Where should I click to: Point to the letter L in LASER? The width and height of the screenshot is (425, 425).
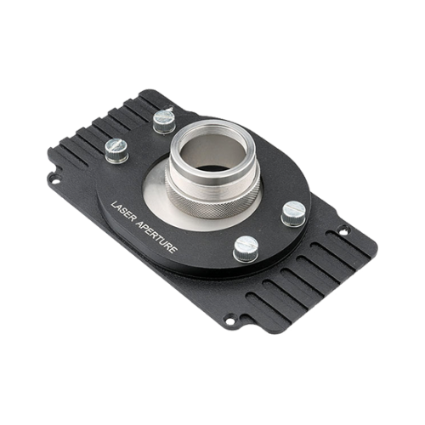(113, 204)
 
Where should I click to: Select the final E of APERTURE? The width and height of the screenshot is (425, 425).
(173, 250)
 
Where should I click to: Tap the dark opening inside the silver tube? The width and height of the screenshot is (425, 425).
(212, 167)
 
